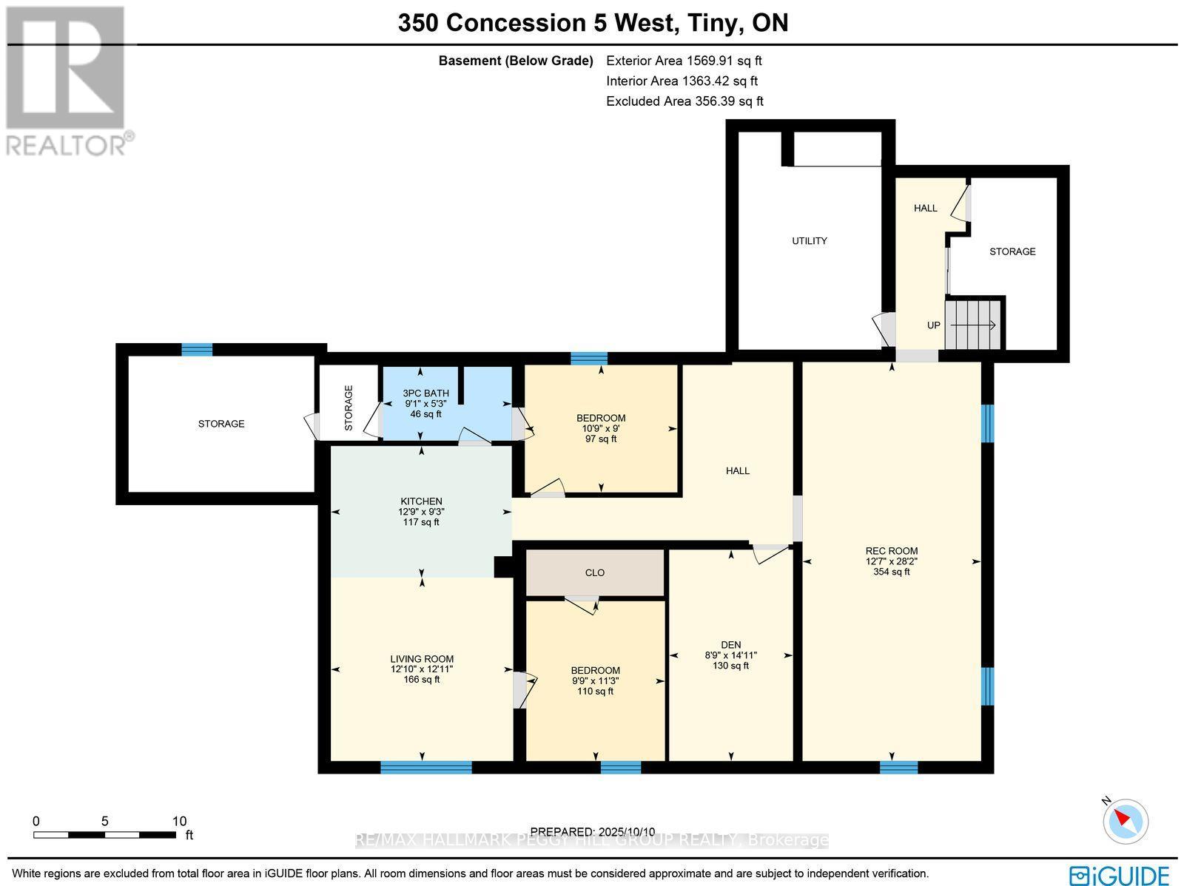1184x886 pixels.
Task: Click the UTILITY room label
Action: (809, 241)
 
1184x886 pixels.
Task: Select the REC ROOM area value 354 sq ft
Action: (891, 572)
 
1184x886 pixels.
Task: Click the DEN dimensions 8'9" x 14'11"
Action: (730, 655)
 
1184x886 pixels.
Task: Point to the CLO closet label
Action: (594, 573)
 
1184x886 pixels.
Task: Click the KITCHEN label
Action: (421, 501)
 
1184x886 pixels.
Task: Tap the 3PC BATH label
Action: (425, 393)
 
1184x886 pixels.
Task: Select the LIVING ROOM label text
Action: (422, 659)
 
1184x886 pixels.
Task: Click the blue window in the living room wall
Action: (425, 768)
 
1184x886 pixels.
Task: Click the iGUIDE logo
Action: (1119, 875)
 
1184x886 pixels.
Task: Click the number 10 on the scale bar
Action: (179, 821)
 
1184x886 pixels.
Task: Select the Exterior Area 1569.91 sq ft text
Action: (683, 61)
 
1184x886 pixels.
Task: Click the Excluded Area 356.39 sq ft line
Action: (684, 101)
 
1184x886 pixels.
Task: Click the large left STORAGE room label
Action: (221, 424)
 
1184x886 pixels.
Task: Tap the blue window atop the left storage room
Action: (197, 350)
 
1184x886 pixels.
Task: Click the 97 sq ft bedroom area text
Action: (600, 439)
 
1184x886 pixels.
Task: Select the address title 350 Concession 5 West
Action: (537, 23)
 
